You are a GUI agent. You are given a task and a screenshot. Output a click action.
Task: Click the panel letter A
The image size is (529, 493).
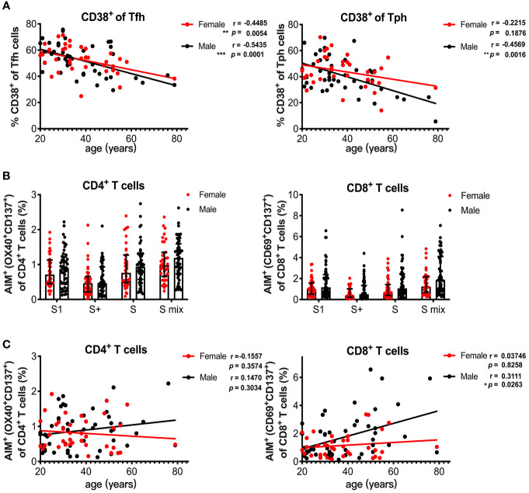click(x=6, y=6)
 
